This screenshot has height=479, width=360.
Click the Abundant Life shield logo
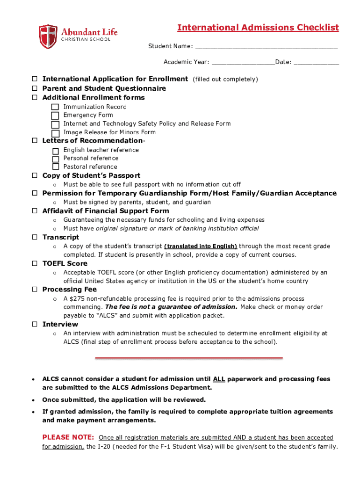click(x=48, y=36)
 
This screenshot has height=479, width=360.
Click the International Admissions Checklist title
click(x=258, y=28)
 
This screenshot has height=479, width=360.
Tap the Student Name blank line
click(x=266, y=47)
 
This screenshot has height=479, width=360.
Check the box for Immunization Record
click(x=55, y=108)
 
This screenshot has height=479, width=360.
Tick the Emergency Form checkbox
click(x=55, y=116)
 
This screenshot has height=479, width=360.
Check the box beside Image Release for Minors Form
click(x=55, y=133)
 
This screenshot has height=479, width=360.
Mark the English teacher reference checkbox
click(x=56, y=151)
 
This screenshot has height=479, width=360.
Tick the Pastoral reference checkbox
click(x=56, y=167)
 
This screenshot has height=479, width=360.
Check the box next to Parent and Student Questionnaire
click(x=35, y=88)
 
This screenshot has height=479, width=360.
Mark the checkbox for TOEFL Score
click(x=35, y=263)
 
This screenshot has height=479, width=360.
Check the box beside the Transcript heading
click(x=35, y=237)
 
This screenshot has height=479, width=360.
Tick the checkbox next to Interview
click(x=35, y=324)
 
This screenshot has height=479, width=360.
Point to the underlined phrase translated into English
click(x=201, y=246)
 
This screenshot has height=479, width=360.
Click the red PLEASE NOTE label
click(x=68, y=437)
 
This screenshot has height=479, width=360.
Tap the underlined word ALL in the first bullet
click(x=219, y=379)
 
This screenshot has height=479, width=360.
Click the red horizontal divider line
click(x=189, y=358)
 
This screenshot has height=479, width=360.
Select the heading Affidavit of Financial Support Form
click(x=106, y=211)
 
